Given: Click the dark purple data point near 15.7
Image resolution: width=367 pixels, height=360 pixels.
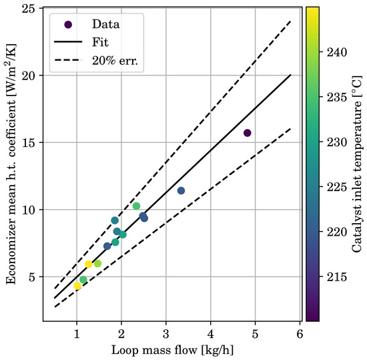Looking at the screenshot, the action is [247, 133].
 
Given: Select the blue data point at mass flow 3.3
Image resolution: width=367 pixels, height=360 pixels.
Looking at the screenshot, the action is [181, 190].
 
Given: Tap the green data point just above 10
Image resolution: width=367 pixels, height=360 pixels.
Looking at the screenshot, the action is [136, 206].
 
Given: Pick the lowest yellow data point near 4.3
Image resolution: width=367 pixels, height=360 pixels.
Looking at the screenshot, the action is [77, 286].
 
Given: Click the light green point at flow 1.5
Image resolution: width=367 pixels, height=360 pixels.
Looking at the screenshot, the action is [97, 264].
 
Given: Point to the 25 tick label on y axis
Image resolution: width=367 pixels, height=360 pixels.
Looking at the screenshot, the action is [28, 9].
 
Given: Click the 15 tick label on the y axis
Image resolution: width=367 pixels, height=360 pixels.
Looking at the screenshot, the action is [28, 143].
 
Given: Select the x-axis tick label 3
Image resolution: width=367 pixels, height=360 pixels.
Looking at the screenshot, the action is [166, 334].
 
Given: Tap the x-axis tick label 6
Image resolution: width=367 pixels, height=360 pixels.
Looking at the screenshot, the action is [300, 334].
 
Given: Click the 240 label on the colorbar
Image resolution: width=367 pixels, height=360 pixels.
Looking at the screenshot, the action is [336, 52].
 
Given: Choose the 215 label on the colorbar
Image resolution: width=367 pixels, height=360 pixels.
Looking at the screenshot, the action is [336, 277].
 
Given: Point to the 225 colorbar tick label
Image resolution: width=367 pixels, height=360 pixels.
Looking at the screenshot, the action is [336, 187].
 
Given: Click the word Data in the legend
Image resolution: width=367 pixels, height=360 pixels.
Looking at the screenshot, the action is [105, 24].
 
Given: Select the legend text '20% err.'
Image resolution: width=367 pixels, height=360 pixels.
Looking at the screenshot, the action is [115, 61].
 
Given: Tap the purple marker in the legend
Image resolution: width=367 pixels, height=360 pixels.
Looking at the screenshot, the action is [68, 24].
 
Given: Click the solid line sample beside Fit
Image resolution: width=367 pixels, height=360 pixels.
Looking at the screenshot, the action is [68, 42].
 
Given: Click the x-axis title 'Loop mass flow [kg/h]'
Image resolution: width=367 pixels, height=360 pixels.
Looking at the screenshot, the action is [173, 351].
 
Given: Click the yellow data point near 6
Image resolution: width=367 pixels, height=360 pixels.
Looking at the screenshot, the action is [89, 264].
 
